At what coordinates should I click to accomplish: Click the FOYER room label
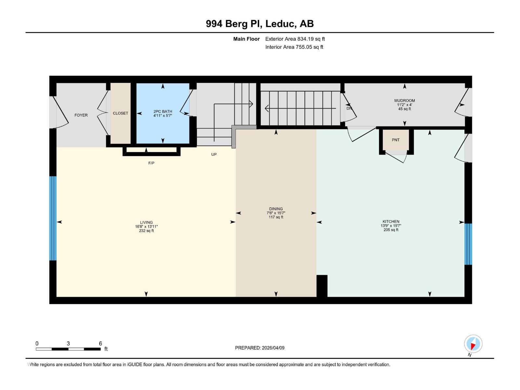[81, 115]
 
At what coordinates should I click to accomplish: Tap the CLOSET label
[120, 113]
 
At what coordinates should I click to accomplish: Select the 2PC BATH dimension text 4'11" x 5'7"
[162, 115]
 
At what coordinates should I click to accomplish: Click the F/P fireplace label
[151, 163]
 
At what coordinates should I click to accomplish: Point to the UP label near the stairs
[214, 154]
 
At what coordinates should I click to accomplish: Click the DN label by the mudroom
[349, 108]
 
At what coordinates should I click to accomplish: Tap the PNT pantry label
[396, 140]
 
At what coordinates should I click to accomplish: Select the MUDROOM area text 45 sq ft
[405, 109]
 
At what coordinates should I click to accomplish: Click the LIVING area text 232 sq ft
[146, 231]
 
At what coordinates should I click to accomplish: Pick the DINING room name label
[276, 209]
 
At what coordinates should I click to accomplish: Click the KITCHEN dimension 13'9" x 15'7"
[391, 226]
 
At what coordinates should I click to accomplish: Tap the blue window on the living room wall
[53, 218]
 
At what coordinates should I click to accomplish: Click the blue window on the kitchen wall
[468, 244]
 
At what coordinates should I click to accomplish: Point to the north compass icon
[473, 344]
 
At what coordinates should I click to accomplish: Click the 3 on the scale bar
[68, 344]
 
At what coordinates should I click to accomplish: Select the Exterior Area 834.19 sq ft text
[295, 39]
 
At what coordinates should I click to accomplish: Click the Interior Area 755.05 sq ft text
[294, 47]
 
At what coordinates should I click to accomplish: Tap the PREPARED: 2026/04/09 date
[260, 348]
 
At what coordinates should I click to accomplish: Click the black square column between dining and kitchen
[322, 286]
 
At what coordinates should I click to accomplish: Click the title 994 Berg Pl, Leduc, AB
[260, 24]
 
